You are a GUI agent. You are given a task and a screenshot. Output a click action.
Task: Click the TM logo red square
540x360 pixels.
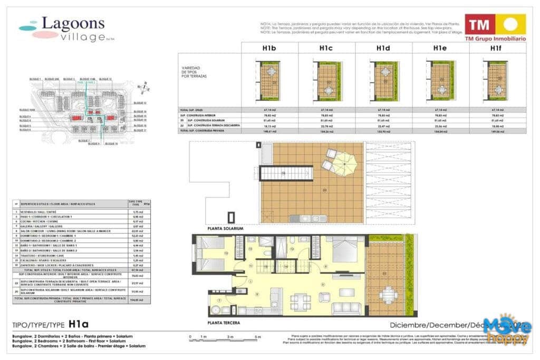pyautogui.click(x=479, y=24)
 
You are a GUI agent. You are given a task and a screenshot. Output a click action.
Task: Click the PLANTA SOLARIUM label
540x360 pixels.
pyautogui.click(x=225, y=229)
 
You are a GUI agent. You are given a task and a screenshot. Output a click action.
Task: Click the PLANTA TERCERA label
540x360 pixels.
pyautogui.click(x=224, y=323)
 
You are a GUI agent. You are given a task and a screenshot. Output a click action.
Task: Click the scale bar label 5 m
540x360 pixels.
pyautogui.click(x=257, y=336)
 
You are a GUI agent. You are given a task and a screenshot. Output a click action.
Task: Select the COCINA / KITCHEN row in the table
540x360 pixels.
pyautogui.click(x=69, y=221)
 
